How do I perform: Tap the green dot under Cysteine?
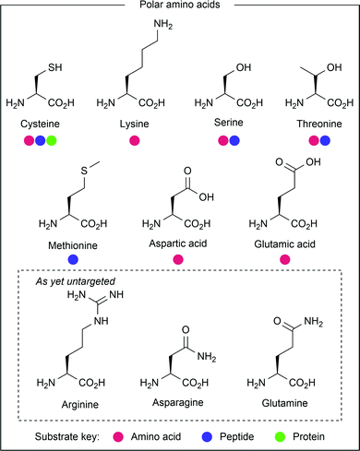[53, 140]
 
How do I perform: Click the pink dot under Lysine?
[136, 140]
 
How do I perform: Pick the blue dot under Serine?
[234, 140]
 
